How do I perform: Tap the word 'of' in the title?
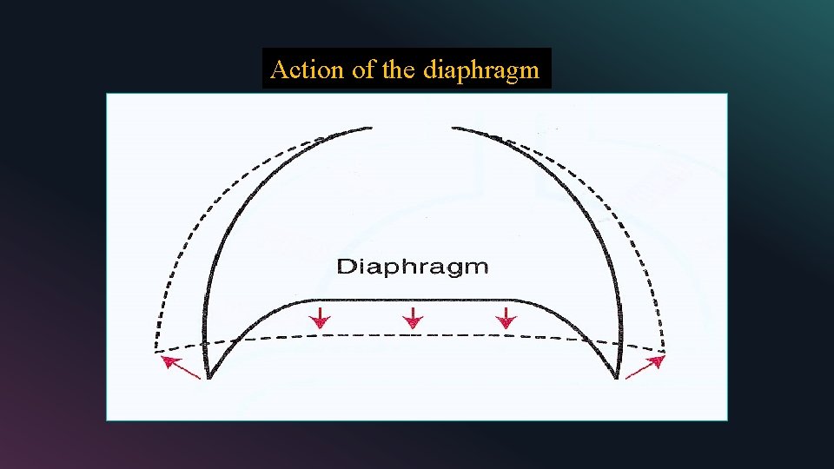tap(364, 69)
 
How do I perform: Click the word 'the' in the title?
tap(399, 69)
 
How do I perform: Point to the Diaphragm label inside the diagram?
tap(413, 267)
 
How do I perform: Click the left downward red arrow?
tap(321, 317)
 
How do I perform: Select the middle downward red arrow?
tap(414, 317)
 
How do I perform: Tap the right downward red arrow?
tap(506, 317)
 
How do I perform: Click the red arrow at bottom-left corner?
tap(181, 367)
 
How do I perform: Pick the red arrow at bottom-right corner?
tap(645, 367)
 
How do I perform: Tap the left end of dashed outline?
tap(156, 352)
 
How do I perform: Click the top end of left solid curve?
tap(373, 129)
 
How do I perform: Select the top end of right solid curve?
tap(452, 129)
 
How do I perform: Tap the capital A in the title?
tap(278, 69)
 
